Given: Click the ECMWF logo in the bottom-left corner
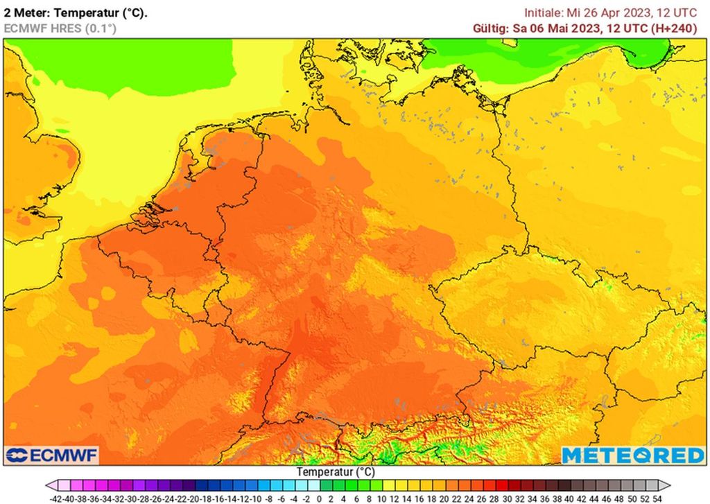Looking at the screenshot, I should pos(52,455).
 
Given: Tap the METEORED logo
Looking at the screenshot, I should pos(632,455).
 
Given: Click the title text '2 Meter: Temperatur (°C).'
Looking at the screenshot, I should pos(76,12).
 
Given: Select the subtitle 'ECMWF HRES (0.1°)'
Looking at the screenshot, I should pos(60,28).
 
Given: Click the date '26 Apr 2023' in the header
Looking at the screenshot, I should pos(605,12).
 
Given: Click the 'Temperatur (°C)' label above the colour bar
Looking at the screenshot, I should pos(336,471).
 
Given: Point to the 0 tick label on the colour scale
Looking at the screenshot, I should pos(318,498).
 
